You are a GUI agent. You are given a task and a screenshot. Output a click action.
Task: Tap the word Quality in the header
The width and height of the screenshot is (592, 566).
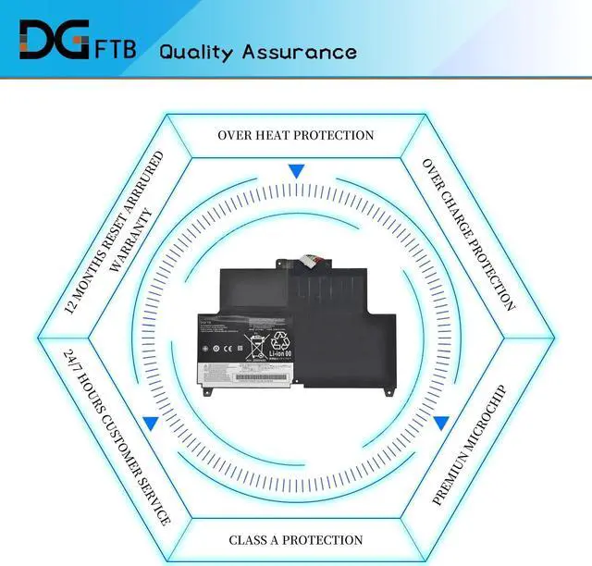point(197,52)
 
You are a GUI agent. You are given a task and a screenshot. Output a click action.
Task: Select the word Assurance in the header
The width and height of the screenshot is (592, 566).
point(299,51)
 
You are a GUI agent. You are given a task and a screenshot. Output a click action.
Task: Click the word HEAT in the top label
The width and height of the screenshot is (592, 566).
point(275,135)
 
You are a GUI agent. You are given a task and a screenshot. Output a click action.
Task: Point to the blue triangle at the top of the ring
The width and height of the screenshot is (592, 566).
point(296,172)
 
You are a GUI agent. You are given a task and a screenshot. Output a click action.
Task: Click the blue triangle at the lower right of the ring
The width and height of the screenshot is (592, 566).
point(440,423)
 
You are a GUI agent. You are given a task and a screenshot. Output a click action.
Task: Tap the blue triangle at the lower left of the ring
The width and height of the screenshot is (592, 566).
point(150,423)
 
